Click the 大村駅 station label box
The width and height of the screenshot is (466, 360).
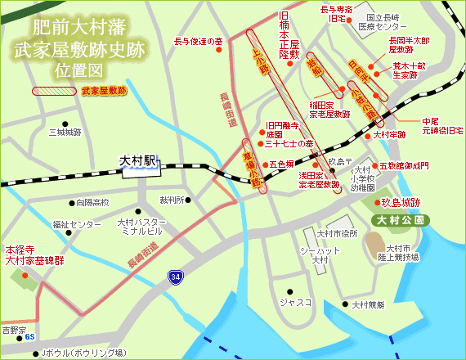coord(137,161)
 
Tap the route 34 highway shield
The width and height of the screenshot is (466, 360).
coord(177,277)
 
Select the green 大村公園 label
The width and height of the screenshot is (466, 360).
coord(397,220)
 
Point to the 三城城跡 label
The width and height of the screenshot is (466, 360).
coord(65,132)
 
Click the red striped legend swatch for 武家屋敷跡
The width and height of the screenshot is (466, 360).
coord(55,92)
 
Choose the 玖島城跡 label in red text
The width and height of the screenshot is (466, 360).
coord(401,202)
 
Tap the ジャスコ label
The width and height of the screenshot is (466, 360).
coord(296,302)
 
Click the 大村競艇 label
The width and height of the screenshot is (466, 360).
coord(368,305)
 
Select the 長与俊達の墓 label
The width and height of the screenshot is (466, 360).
coord(199,41)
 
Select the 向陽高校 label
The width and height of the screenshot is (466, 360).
coord(92,202)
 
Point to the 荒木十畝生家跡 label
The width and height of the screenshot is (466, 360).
coord(410,70)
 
